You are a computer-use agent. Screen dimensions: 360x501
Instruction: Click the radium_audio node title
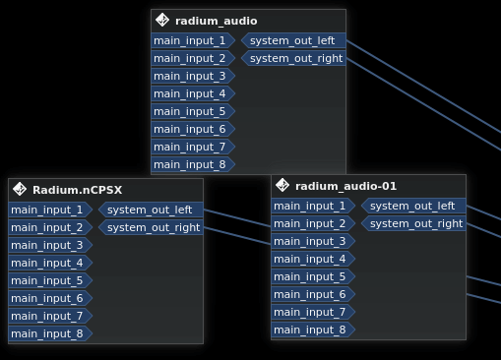(216, 21)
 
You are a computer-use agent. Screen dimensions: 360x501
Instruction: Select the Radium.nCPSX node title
(77, 190)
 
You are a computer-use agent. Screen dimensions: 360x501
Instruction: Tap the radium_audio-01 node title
(345, 186)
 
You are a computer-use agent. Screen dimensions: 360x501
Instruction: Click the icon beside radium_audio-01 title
(282, 185)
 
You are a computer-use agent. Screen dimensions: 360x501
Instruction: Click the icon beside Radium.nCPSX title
(20, 190)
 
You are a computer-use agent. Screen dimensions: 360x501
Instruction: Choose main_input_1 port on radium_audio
(191, 40)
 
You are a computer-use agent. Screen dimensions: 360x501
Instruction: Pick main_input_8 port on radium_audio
(191, 164)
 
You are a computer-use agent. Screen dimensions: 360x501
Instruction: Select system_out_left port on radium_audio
(293, 40)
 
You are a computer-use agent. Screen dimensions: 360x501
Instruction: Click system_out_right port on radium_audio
(293, 58)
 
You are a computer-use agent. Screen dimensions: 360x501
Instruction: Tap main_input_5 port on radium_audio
(191, 111)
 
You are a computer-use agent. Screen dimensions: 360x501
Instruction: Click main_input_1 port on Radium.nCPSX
(48, 210)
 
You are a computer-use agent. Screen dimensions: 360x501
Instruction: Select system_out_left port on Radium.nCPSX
(151, 210)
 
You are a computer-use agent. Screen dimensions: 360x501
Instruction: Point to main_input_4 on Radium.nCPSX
(48, 263)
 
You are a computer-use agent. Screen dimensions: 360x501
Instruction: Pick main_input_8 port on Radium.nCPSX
(48, 333)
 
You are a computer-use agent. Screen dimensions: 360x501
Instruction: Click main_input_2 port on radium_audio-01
(311, 223)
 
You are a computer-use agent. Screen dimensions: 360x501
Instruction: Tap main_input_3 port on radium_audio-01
(311, 241)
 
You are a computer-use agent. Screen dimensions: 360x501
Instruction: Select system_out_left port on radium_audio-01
(413, 206)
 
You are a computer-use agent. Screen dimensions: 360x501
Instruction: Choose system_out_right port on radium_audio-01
(413, 223)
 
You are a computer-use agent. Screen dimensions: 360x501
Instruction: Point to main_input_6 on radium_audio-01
(311, 294)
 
